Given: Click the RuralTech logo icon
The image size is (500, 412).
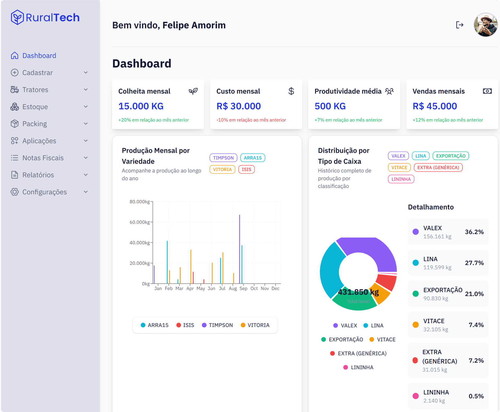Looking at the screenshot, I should point(17,17).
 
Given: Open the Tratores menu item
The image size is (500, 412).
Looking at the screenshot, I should point(35,90).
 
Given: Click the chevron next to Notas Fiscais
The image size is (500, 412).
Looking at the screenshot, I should point(86,158).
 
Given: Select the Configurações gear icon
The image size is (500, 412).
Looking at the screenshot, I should point(15,192).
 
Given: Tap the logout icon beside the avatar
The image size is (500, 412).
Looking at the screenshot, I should point(460,25).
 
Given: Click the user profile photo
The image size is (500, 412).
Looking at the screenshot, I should point(485,25).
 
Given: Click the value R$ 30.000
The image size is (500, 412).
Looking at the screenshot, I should point(239,106).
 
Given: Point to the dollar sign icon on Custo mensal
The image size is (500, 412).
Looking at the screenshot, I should point(291,91).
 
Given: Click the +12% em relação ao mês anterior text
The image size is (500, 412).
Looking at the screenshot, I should point(448,120).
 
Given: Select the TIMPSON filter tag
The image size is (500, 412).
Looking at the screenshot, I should point(223,158).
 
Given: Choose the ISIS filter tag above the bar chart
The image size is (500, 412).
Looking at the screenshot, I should point(246,169).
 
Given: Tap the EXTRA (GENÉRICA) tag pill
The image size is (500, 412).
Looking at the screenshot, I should point(438,167).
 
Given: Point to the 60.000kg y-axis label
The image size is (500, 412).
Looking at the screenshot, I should point(140,222).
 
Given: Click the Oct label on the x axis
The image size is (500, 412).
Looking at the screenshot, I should point(254,288).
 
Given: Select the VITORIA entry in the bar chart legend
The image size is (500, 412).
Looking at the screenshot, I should point(255,325).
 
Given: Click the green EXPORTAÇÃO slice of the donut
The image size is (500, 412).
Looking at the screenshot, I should point(354,304).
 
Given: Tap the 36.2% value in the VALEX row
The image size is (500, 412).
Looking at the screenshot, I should point(474,232).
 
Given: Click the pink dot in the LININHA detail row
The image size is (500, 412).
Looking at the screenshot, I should point(416,396).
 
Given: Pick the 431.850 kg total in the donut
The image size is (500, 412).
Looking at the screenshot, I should point(358,292).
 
